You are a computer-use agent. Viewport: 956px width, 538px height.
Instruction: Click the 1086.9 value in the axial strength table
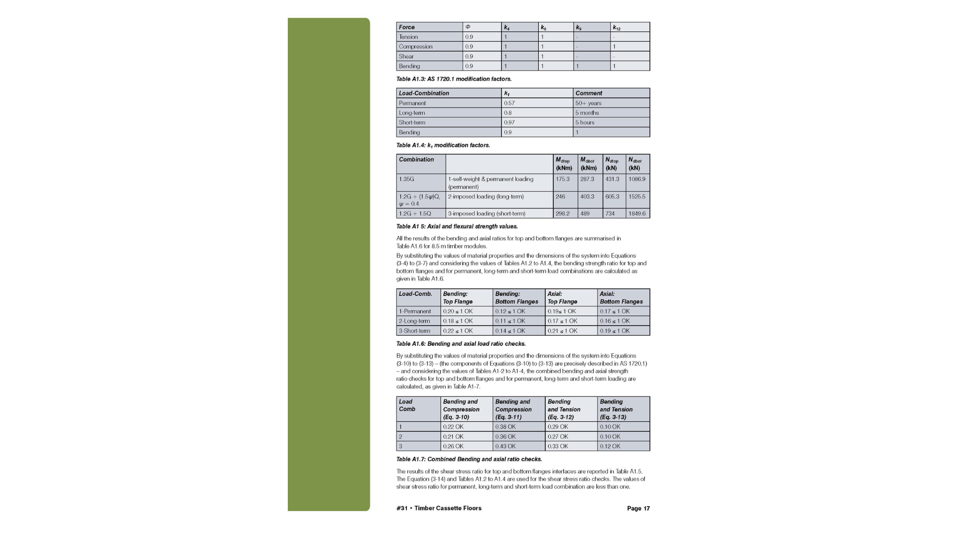[637, 179]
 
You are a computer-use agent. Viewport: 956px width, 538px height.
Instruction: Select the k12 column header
[616, 27]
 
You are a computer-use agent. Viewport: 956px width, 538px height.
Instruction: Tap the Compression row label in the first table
[415, 46]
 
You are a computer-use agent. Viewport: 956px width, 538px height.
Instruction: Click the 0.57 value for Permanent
[509, 103]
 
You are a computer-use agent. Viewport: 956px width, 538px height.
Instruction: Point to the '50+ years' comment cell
[588, 103]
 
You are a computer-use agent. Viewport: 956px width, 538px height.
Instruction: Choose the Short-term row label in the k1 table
[412, 123]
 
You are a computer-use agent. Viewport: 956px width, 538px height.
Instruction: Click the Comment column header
[589, 93]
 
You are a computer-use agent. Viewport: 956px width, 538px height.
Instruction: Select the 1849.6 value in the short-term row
[637, 214]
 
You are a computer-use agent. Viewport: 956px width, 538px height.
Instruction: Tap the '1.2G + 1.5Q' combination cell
[415, 214]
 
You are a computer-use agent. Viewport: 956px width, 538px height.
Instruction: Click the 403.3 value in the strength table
[587, 197]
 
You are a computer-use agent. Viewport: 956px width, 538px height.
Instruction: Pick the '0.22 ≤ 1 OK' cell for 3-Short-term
[458, 331]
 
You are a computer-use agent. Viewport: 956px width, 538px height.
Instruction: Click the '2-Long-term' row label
[414, 321]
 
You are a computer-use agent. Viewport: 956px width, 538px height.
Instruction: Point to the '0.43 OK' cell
[505, 446]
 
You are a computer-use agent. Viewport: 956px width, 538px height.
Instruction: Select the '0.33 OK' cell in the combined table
[558, 446]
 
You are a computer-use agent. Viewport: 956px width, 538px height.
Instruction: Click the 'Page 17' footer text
[638, 509]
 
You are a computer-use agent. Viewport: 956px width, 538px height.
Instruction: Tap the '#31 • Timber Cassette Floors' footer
[439, 509]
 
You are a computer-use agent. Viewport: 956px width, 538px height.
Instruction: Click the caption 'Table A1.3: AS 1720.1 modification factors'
[454, 79]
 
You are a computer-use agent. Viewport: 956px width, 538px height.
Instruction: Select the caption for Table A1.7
[469, 459]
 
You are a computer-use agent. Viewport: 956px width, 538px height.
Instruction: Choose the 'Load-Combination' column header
[424, 93]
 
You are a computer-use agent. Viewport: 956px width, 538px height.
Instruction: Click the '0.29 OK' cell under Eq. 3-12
[558, 427]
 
